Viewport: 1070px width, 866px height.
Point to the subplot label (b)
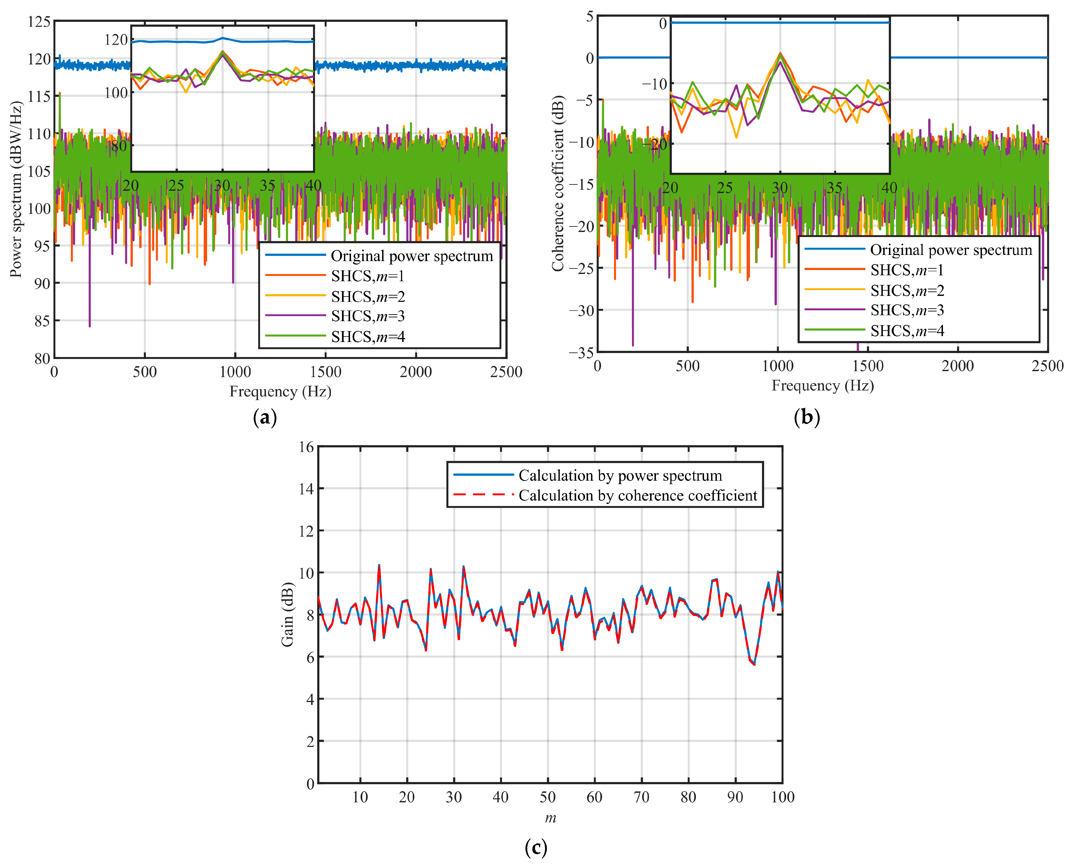coord(806,417)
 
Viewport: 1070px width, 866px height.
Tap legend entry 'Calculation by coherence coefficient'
coord(637,495)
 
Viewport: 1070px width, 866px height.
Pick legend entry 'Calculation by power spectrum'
coord(620,476)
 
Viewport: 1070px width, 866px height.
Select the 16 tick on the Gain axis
coord(306,447)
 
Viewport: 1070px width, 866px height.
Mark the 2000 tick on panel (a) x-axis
coord(416,372)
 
